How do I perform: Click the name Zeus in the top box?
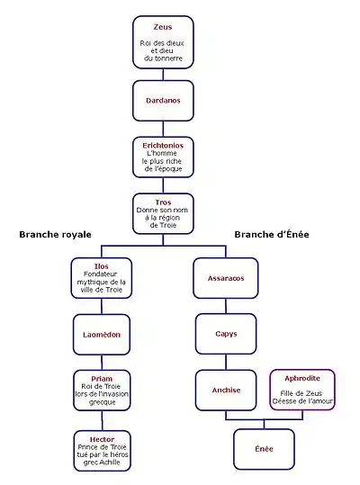[x=163, y=27]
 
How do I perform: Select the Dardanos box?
[x=163, y=101]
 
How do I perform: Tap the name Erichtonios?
[x=163, y=146]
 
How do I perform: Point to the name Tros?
[x=163, y=202]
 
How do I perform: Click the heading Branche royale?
[x=56, y=235]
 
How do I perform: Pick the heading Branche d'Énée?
[x=272, y=235]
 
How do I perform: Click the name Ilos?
[x=102, y=266]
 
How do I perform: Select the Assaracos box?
[x=226, y=278]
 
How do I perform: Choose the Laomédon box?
[x=102, y=335]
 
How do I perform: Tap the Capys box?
[x=226, y=334]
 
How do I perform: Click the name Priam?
[x=102, y=379]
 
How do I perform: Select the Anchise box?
[x=226, y=390]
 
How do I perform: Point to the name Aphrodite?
[x=302, y=378]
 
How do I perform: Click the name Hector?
[x=102, y=439]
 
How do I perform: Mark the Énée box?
[x=264, y=449]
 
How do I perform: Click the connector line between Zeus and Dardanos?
[x=163, y=74]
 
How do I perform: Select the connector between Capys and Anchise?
[x=226, y=363]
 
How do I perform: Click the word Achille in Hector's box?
[x=111, y=463]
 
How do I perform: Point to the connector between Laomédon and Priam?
[x=102, y=363]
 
